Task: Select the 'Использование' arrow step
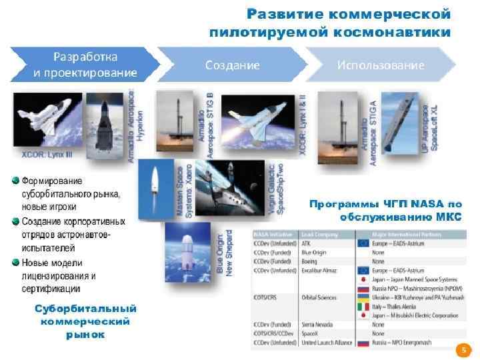click(380, 65)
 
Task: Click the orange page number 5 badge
click(459, 349)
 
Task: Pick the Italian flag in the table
click(364, 308)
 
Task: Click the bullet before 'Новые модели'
click(15, 262)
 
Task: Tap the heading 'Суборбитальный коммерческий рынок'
click(85, 321)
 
